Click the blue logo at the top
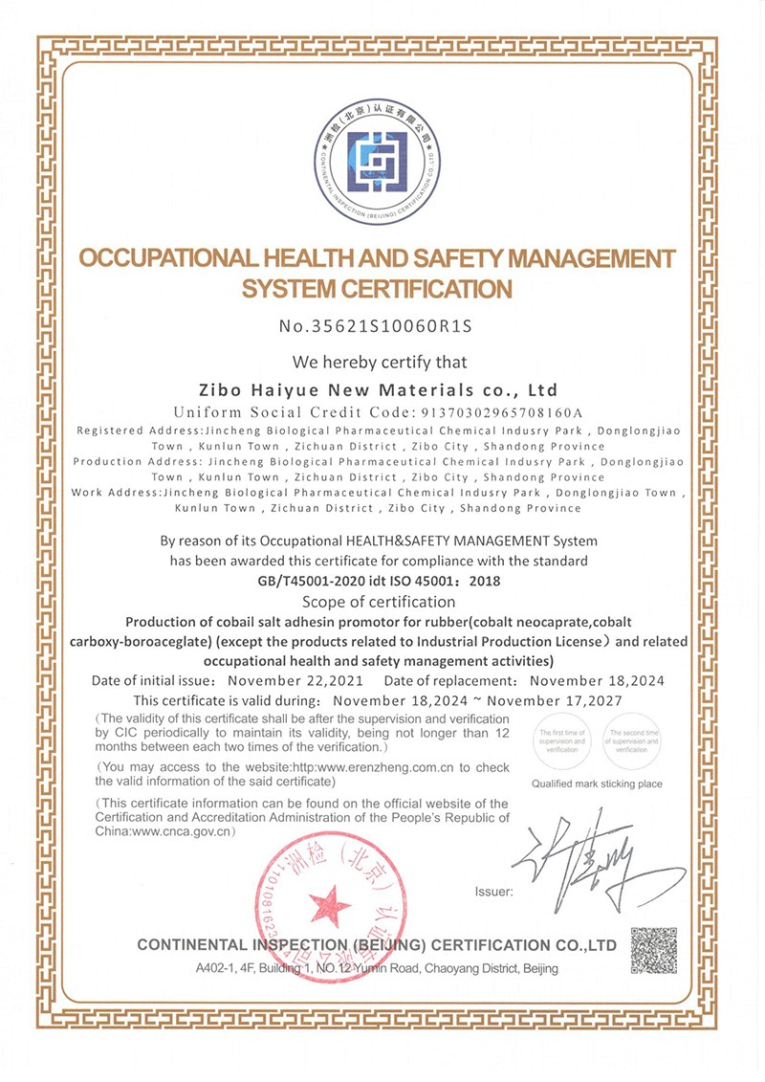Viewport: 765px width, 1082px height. (x=382, y=158)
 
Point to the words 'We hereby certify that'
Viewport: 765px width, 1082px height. (x=381, y=362)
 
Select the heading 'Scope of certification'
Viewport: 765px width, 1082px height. (x=379, y=602)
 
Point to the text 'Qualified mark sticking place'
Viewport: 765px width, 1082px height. (x=597, y=784)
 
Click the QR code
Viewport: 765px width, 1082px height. (x=653, y=950)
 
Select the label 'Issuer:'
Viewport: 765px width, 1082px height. (x=493, y=893)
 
